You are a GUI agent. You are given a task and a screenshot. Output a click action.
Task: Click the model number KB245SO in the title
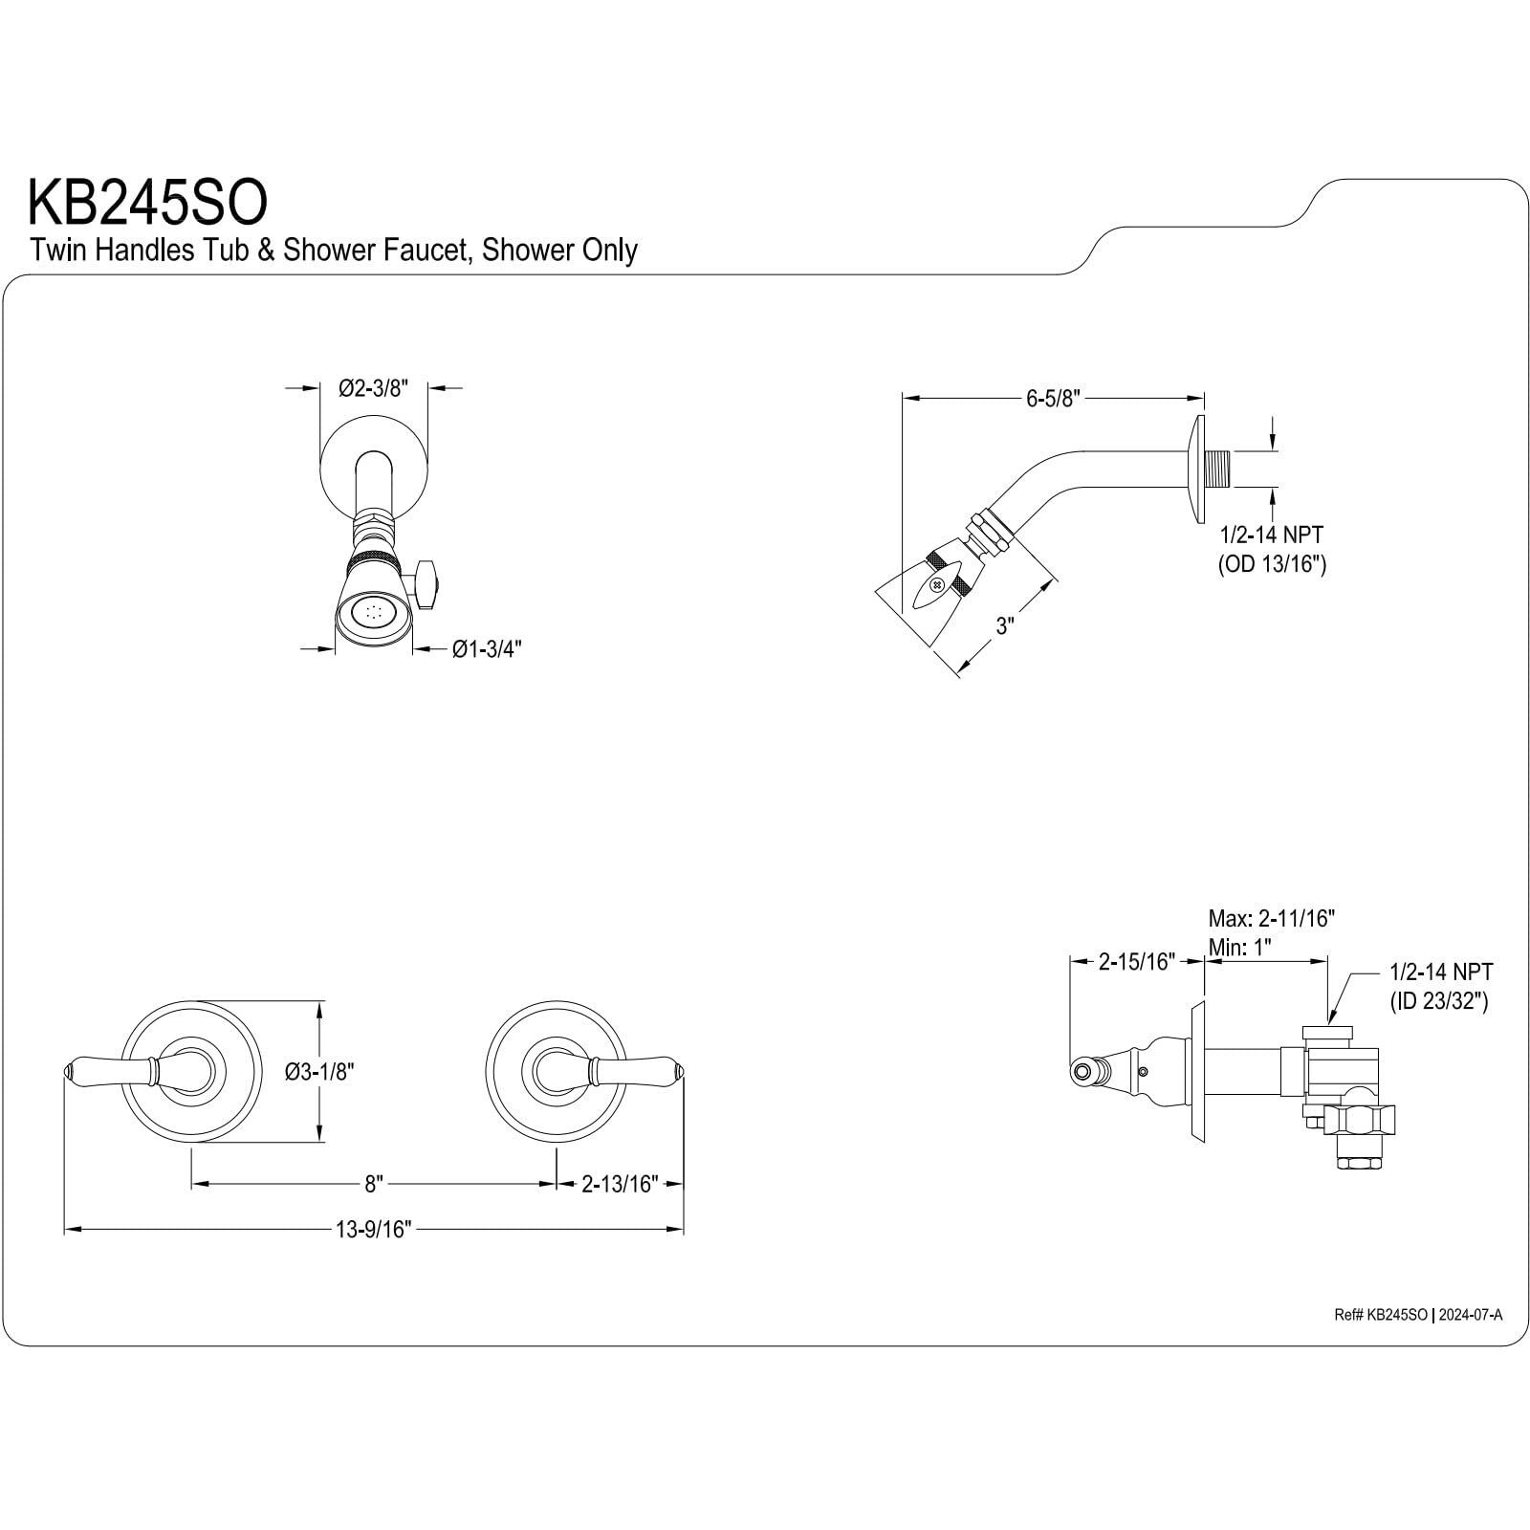pyautogui.click(x=147, y=202)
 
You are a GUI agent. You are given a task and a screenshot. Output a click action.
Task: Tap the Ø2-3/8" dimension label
pyautogui.click(x=373, y=388)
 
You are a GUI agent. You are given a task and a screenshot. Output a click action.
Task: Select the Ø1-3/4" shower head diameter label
pyautogui.click(x=487, y=650)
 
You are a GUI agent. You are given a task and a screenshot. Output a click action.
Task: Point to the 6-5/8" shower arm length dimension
pyautogui.click(x=1053, y=399)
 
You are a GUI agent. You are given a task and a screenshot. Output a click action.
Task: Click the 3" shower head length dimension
pyautogui.click(x=1004, y=626)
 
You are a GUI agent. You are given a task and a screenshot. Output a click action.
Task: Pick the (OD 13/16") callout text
pyautogui.click(x=1271, y=564)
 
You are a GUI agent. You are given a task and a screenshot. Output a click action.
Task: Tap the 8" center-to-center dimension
pyautogui.click(x=373, y=1185)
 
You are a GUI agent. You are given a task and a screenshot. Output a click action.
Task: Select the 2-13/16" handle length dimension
pyautogui.click(x=620, y=1185)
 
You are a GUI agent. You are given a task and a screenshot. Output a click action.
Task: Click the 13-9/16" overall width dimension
pyautogui.click(x=373, y=1230)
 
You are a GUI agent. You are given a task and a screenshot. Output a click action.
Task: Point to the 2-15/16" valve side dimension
pyautogui.click(x=1136, y=962)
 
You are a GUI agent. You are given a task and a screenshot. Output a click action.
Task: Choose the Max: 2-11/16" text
pyautogui.click(x=1271, y=919)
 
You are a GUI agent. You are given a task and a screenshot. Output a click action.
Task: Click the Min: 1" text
pyautogui.click(x=1240, y=948)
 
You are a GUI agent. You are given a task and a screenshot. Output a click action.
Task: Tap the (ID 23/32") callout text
pyautogui.click(x=1438, y=1002)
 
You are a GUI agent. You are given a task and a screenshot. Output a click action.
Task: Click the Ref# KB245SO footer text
pyautogui.click(x=1381, y=1315)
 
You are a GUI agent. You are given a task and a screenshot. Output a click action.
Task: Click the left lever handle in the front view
pyautogui.click(x=110, y=1070)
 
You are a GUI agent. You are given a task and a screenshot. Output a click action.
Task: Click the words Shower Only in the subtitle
pyautogui.click(x=559, y=251)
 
